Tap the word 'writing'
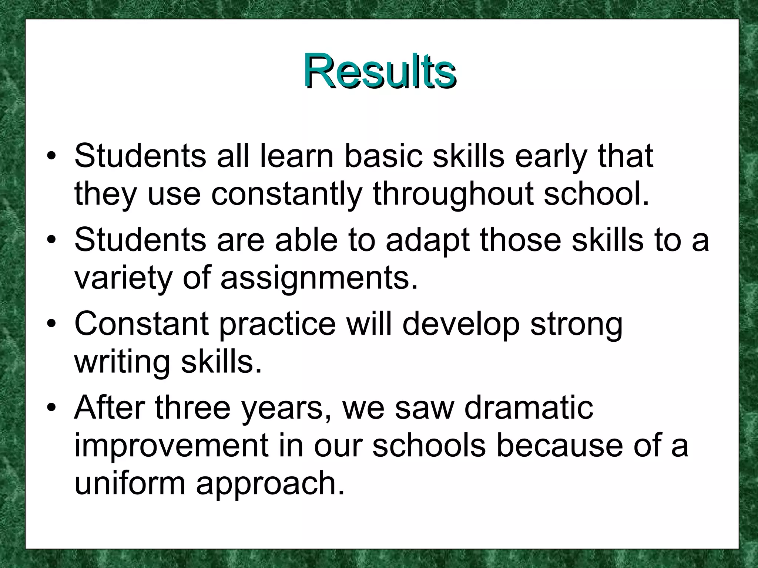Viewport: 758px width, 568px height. pos(123,362)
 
